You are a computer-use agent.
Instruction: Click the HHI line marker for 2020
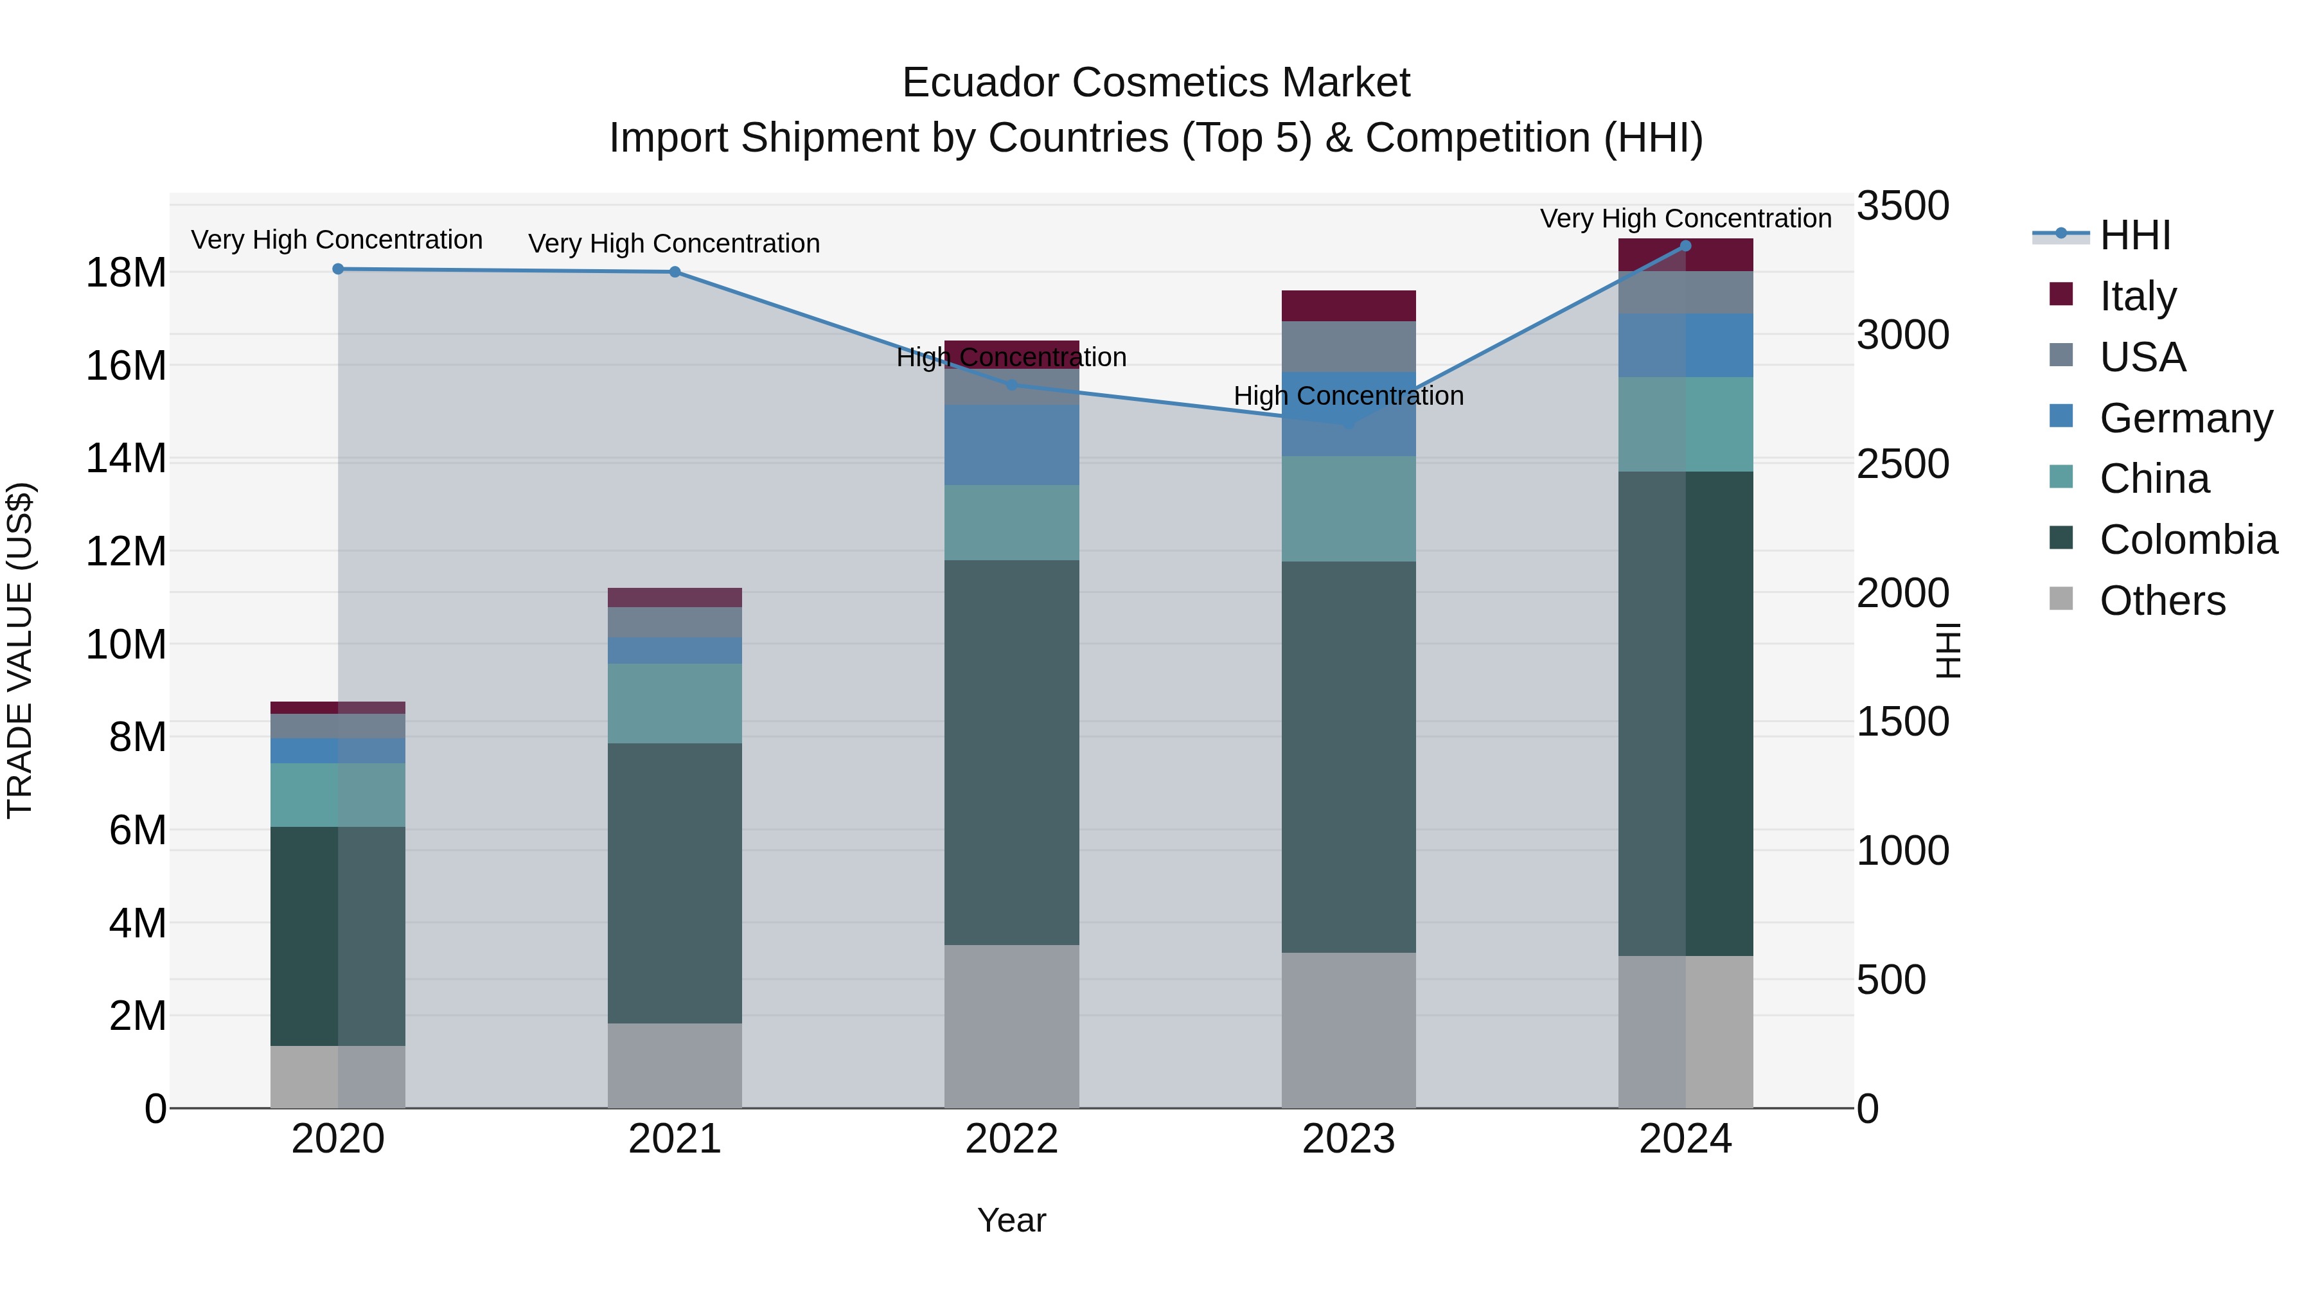(337, 269)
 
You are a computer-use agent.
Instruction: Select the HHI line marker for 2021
(675, 272)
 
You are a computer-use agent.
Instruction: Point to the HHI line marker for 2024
(1685, 246)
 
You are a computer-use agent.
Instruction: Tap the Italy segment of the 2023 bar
(1348, 305)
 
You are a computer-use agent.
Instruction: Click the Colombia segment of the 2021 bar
(675, 883)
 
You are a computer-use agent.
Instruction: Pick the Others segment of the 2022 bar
(1011, 1025)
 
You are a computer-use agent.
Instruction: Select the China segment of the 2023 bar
(1348, 508)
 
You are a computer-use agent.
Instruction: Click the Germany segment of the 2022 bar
(1011, 445)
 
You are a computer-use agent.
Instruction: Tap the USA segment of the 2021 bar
(675, 621)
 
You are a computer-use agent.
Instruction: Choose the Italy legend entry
(2137, 296)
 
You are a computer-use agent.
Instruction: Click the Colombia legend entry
(2187, 540)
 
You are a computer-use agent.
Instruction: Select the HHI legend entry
(2134, 235)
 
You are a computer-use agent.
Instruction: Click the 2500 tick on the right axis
(1902, 465)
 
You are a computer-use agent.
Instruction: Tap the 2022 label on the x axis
(1011, 1139)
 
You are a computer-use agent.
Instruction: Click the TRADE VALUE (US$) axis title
(21, 650)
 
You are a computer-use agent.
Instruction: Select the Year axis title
(1011, 1220)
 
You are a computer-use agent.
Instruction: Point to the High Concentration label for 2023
(1348, 396)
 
